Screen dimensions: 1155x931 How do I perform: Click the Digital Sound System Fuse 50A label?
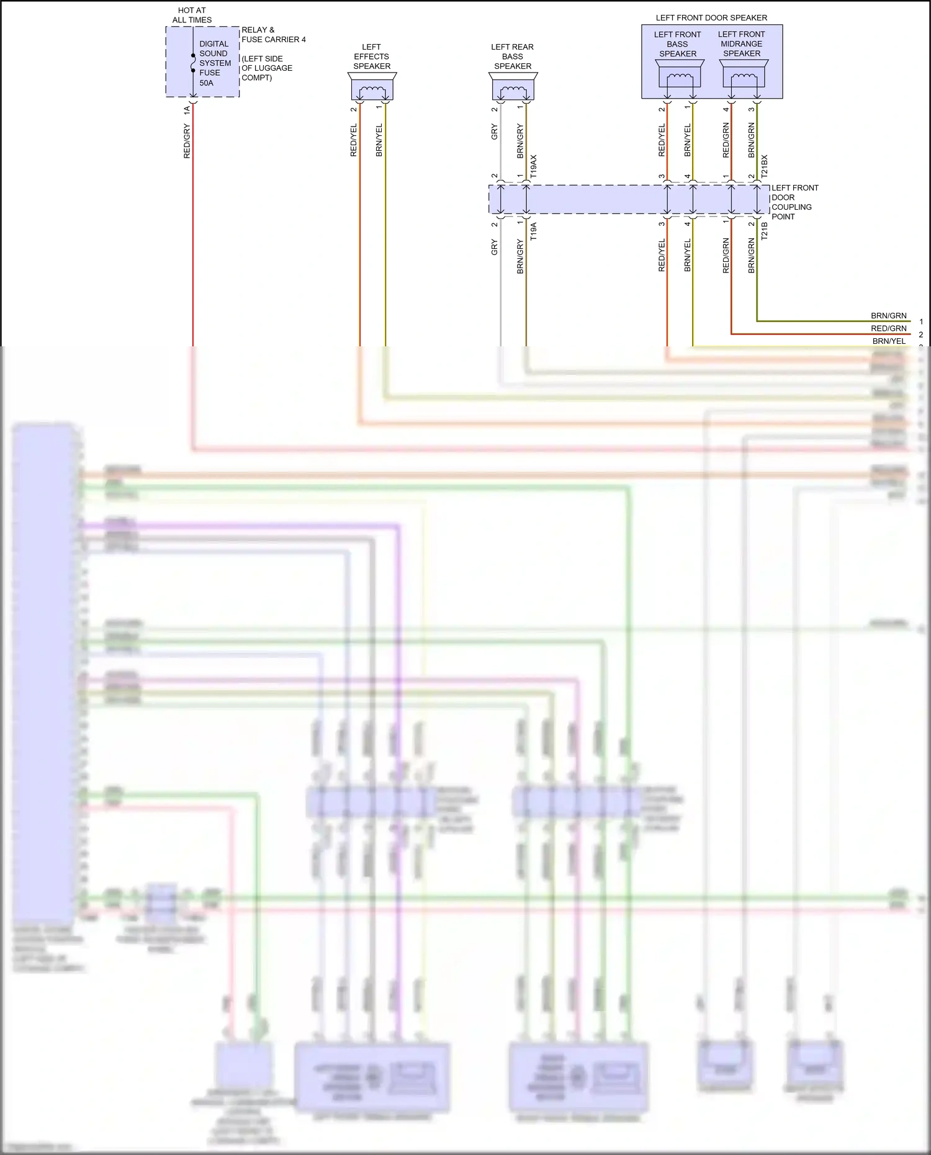click(214, 63)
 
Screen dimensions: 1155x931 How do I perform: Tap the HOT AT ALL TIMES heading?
click(192, 15)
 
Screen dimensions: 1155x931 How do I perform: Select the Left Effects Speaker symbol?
click(372, 87)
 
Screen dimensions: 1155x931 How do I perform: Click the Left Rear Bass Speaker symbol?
click(513, 87)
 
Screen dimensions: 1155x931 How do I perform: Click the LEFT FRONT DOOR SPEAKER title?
click(711, 18)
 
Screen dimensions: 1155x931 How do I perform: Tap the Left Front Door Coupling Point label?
click(794, 202)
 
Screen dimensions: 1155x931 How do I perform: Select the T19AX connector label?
click(534, 167)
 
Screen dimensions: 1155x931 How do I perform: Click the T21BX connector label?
click(765, 167)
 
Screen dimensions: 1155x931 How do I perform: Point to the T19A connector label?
click(534, 231)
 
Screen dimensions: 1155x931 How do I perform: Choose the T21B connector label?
click(765, 231)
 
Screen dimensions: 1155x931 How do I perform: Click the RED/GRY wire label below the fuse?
click(187, 141)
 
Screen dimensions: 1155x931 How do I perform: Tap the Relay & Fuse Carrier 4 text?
click(273, 35)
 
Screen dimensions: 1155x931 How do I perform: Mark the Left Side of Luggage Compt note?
click(266, 68)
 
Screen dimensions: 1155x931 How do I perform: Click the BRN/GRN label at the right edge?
click(888, 316)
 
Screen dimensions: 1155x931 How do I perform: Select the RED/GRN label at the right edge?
click(888, 328)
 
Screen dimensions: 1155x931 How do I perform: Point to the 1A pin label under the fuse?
click(187, 110)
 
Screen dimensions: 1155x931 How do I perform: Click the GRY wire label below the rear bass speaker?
click(495, 132)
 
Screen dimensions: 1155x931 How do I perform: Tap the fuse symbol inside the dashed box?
click(193, 63)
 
